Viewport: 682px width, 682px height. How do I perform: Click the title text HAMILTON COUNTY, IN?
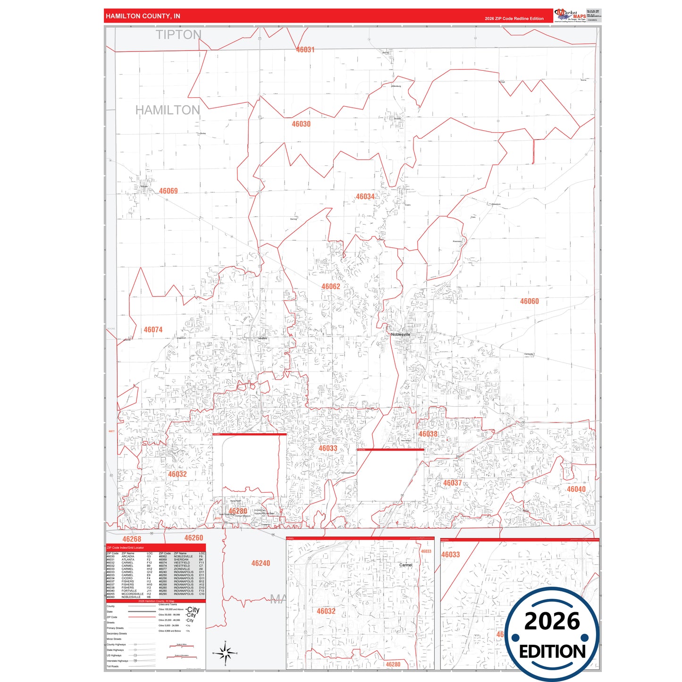pyautogui.click(x=143, y=16)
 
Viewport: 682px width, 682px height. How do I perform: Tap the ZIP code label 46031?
pyautogui.click(x=305, y=50)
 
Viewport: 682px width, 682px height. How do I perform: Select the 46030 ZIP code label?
pyautogui.click(x=301, y=124)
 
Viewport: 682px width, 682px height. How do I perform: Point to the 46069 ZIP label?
pyautogui.click(x=168, y=191)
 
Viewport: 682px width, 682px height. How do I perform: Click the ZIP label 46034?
pyautogui.click(x=365, y=197)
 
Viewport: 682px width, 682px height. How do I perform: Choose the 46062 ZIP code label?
pyautogui.click(x=331, y=286)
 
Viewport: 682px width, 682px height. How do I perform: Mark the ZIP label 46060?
pyautogui.click(x=530, y=302)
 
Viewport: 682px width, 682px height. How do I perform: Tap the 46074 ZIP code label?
pyautogui.click(x=153, y=330)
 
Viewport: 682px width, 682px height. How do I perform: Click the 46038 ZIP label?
pyautogui.click(x=428, y=434)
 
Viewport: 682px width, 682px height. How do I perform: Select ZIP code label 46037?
pyautogui.click(x=453, y=483)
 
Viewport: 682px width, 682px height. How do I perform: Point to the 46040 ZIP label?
pyautogui.click(x=576, y=489)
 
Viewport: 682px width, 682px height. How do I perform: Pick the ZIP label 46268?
pyautogui.click(x=132, y=539)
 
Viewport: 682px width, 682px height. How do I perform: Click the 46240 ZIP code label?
pyautogui.click(x=261, y=564)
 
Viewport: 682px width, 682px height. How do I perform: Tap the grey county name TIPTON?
pyautogui.click(x=178, y=35)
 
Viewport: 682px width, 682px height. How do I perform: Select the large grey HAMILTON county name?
pyautogui.click(x=168, y=110)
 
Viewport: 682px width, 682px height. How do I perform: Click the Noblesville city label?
pyautogui.click(x=401, y=335)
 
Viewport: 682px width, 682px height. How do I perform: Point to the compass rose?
pyautogui.click(x=226, y=654)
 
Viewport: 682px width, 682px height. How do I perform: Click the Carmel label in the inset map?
pyautogui.click(x=406, y=565)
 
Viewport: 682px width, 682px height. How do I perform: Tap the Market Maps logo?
pyautogui.click(x=570, y=16)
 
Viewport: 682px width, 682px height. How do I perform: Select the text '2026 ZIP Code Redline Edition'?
pyautogui.click(x=514, y=19)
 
